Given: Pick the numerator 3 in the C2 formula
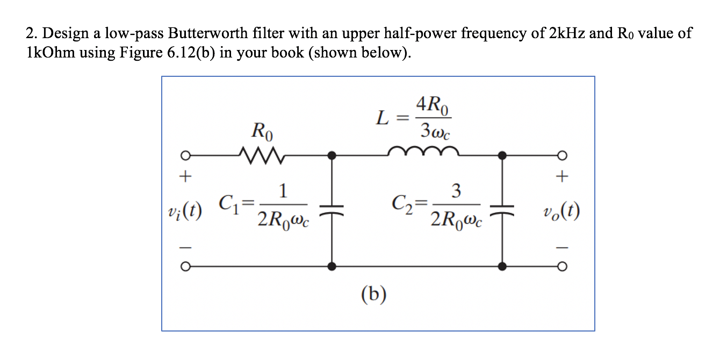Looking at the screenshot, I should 456,191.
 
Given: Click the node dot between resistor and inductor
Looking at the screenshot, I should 333,156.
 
